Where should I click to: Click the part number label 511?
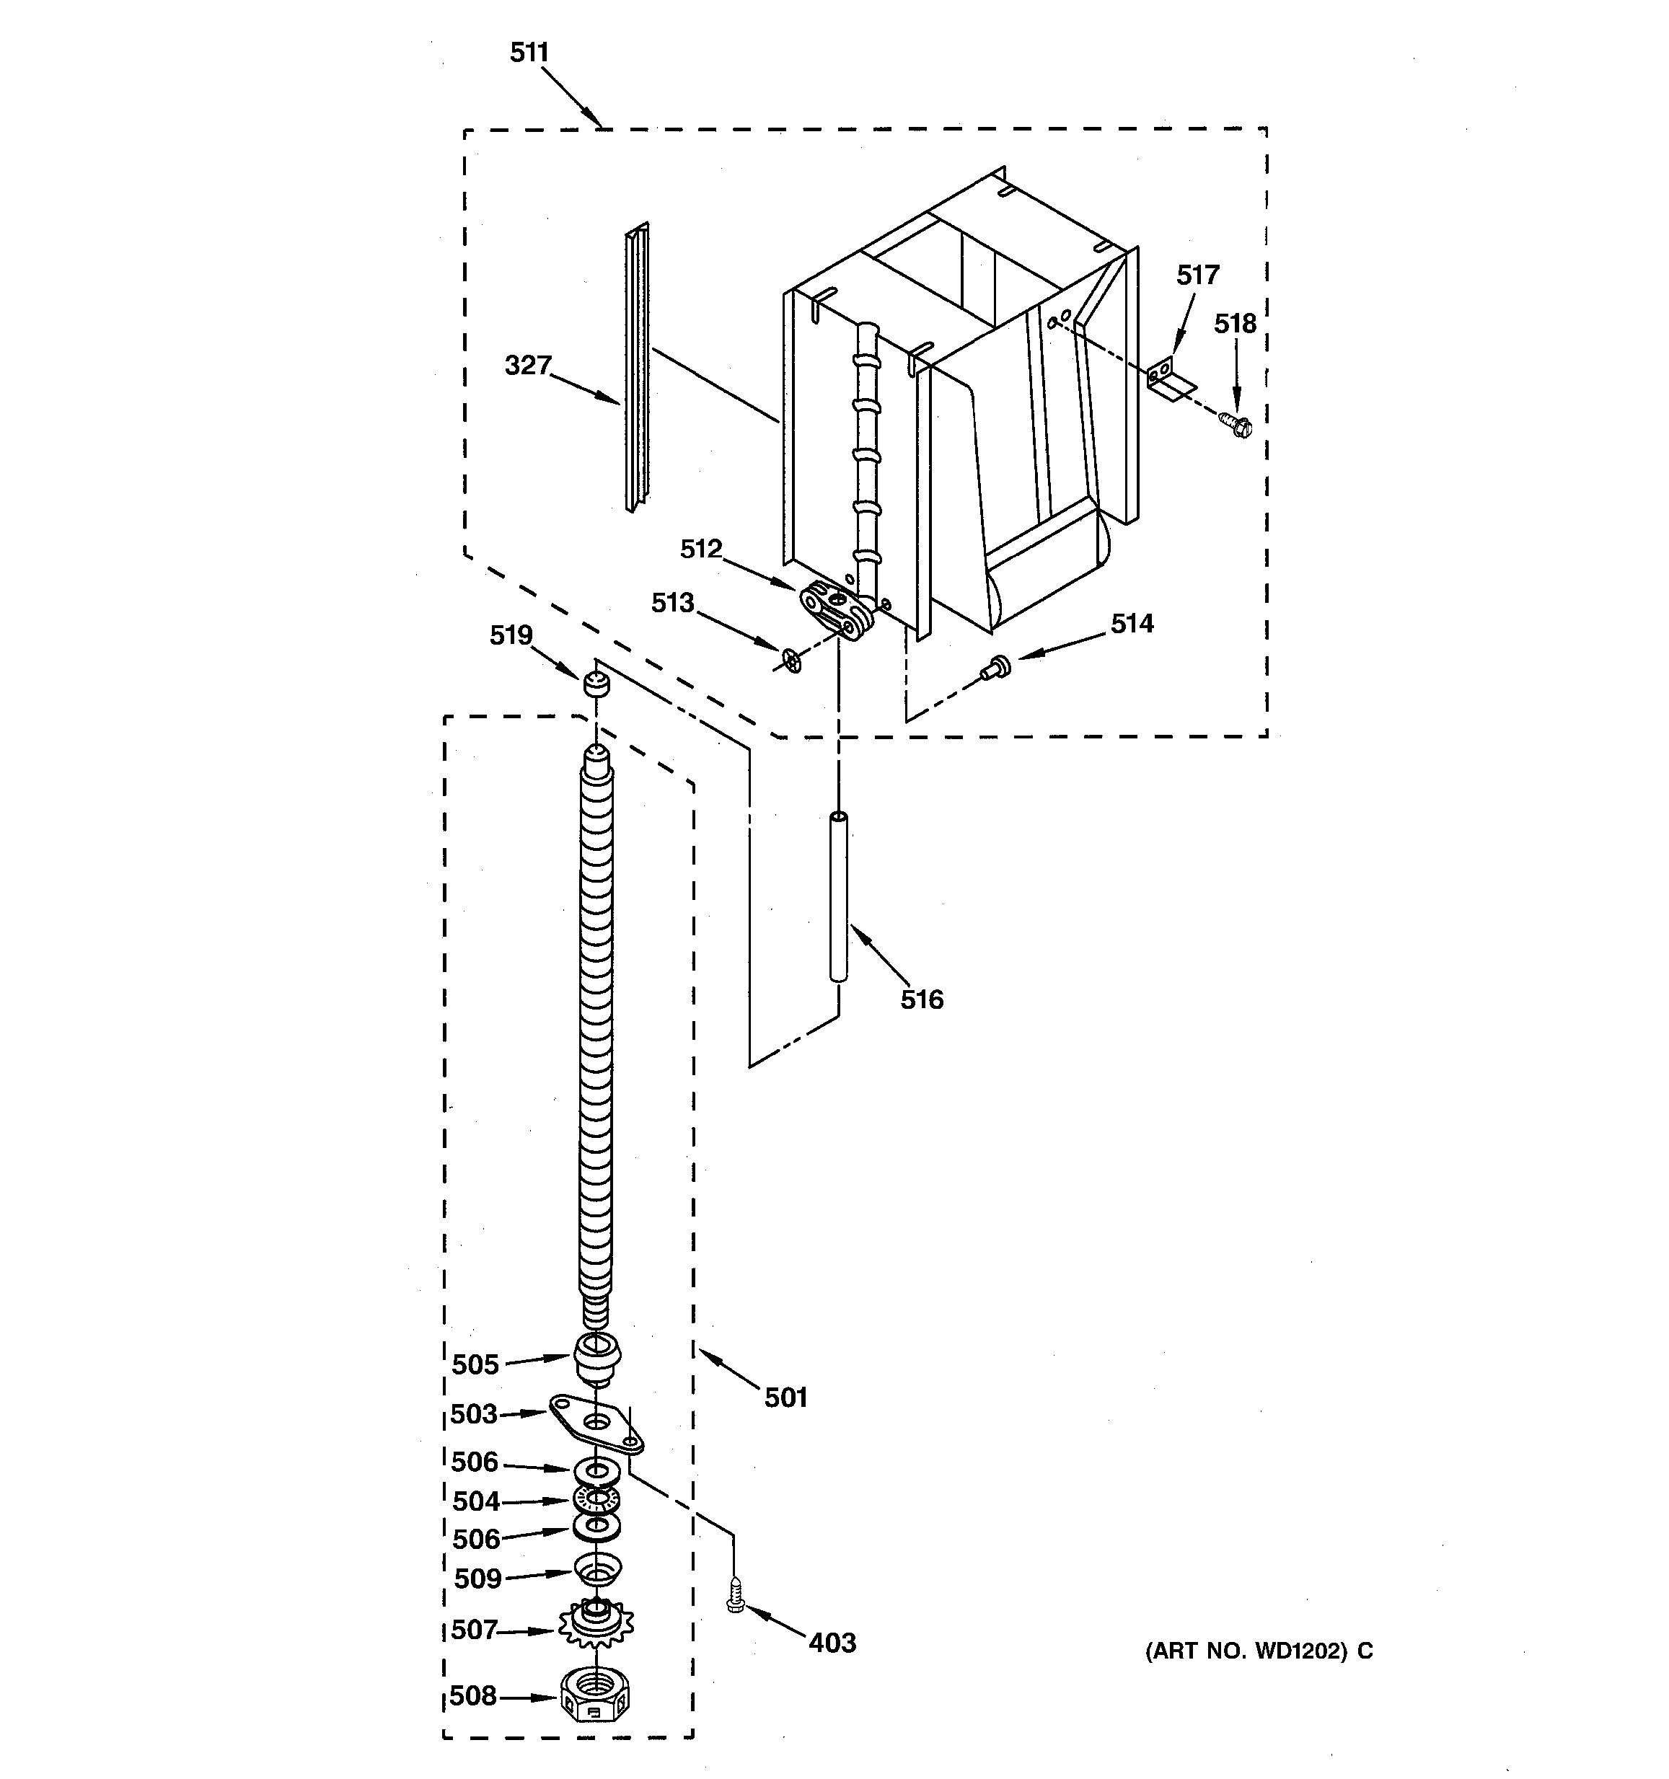pyautogui.click(x=529, y=53)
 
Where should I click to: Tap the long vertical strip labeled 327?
pyautogui.click(x=637, y=367)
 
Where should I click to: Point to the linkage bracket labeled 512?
pyautogui.click(x=837, y=609)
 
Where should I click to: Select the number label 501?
pyautogui.click(x=785, y=1397)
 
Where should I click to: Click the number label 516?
pyautogui.click(x=922, y=999)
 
